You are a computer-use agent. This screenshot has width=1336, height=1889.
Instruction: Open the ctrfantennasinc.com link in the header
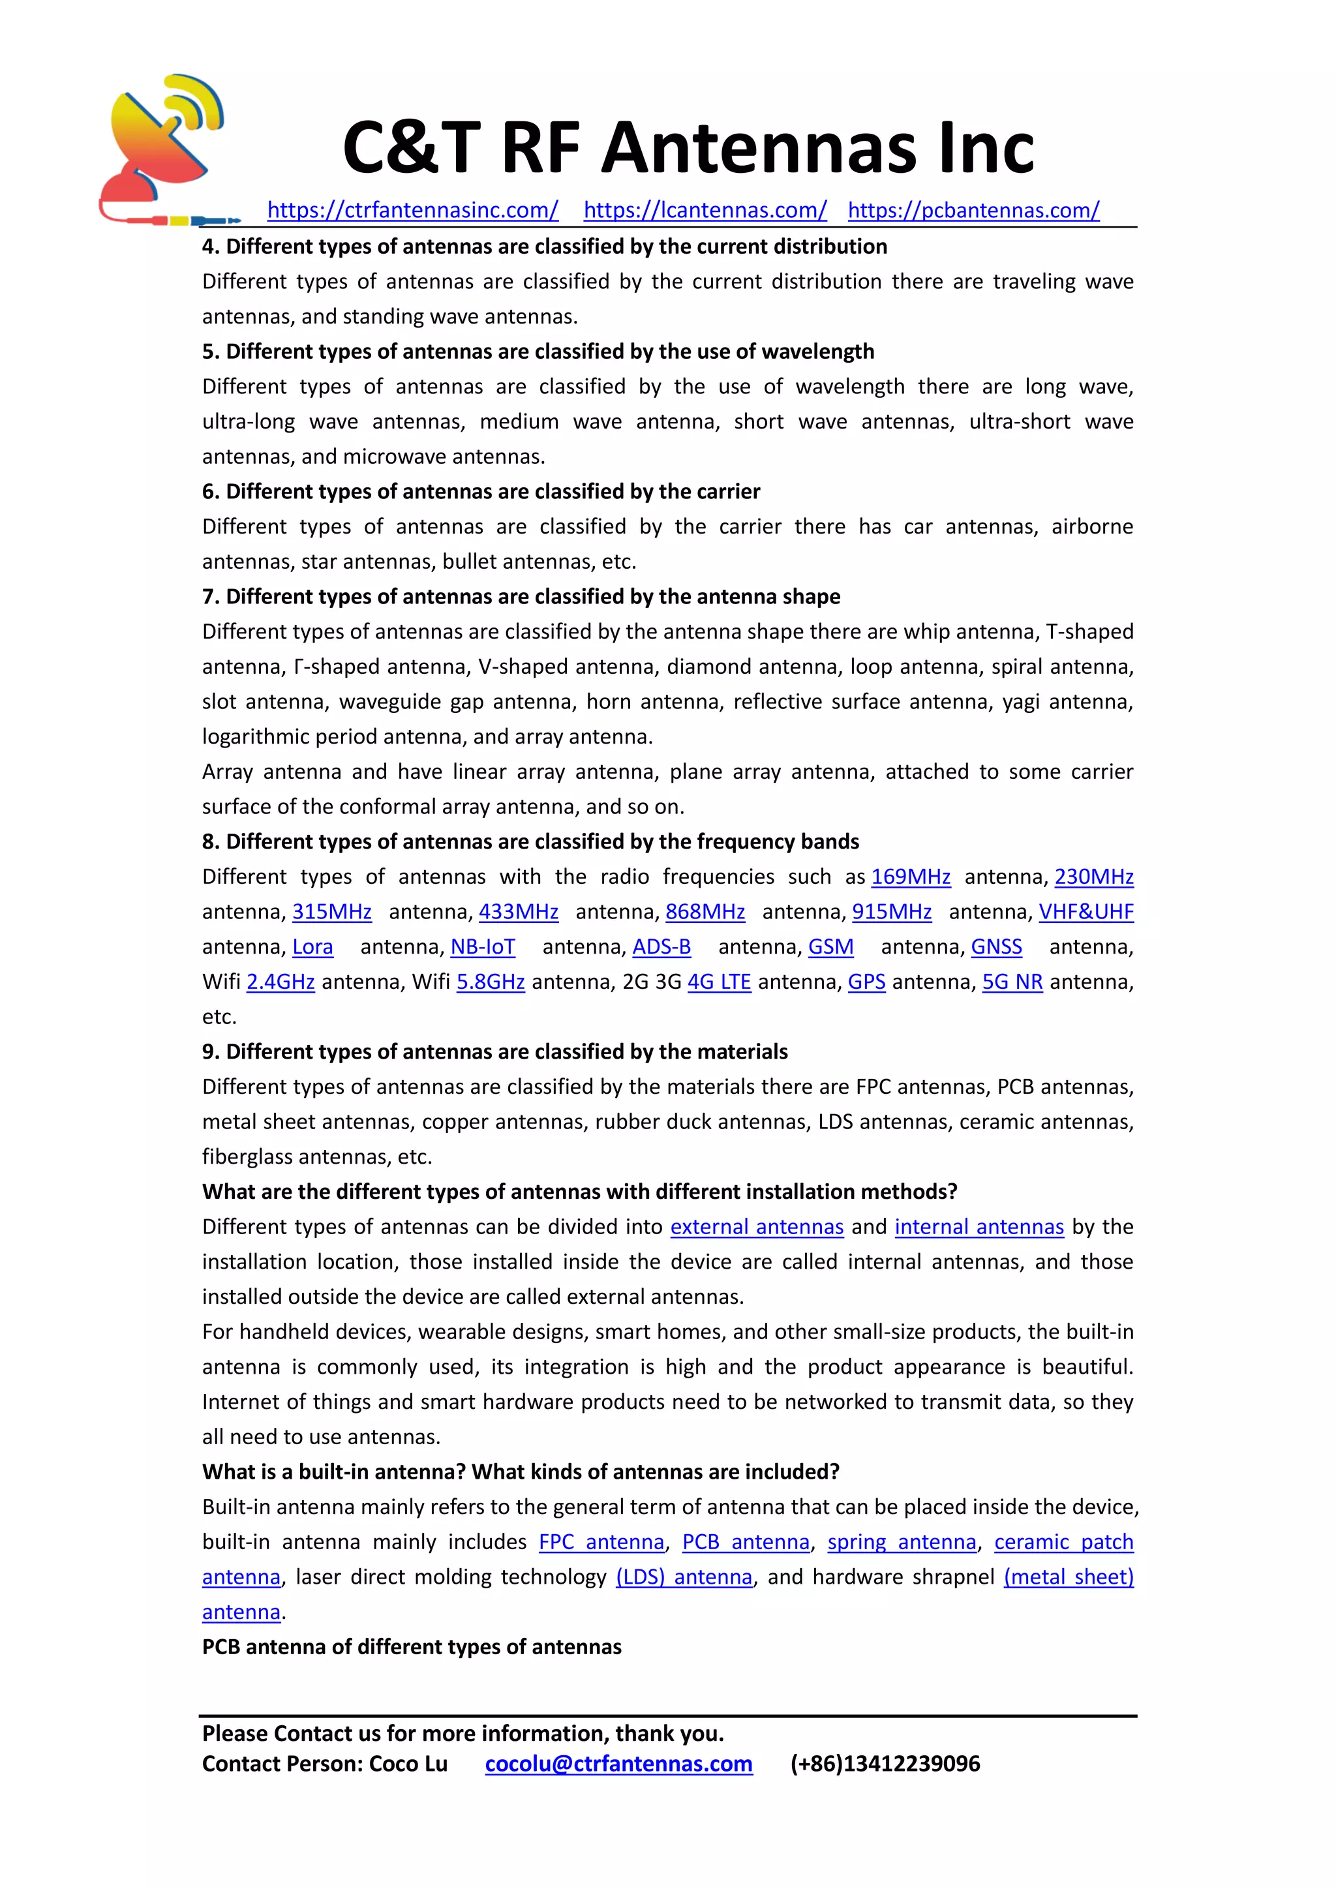[x=413, y=211]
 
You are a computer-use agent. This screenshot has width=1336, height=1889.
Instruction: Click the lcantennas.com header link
[x=705, y=211]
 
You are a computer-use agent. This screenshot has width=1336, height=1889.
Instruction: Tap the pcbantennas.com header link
[x=973, y=211]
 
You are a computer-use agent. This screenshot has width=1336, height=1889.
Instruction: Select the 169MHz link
[x=911, y=877]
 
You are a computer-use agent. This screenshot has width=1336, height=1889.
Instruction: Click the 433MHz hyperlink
[x=518, y=913]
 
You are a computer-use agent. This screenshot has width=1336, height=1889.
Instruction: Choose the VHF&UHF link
[x=1086, y=913]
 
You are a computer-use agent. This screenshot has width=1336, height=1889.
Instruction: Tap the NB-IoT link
[x=483, y=947]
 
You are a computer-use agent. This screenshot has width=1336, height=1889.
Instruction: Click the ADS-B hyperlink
[x=661, y=947]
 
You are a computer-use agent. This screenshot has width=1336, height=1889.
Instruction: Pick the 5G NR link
[x=1012, y=982]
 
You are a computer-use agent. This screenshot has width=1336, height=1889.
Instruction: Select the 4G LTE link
[x=719, y=982]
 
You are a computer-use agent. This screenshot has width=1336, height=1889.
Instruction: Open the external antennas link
[x=757, y=1228]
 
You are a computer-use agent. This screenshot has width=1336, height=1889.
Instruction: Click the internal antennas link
[x=979, y=1228]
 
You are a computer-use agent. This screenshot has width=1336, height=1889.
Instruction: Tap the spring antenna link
[x=902, y=1543]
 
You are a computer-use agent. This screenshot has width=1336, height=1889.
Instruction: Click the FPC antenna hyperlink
[x=601, y=1543]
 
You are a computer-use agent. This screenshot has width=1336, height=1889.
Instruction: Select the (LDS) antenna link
[x=684, y=1577]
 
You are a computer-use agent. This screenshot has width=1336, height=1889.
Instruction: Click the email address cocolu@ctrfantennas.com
[x=618, y=1764]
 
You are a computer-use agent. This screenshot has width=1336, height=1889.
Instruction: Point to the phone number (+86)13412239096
[x=885, y=1764]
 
